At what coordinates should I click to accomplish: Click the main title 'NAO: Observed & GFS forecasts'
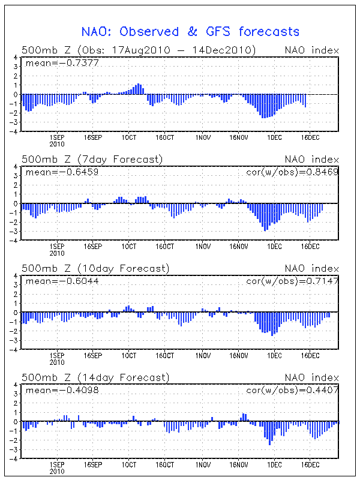point(190,31)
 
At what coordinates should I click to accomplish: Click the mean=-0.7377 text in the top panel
point(54,62)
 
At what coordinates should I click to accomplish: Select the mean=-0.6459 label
point(54,172)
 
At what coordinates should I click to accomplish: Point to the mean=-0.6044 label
point(54,281)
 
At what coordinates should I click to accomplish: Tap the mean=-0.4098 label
point(54,390)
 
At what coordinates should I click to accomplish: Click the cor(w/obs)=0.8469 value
point(292,172)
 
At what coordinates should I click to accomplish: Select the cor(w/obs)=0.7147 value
point(292,281)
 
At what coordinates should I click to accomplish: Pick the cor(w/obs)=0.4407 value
point(292,390)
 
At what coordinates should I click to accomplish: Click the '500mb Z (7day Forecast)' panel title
point(92,159)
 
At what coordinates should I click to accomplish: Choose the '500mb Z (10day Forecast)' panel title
point(95,268)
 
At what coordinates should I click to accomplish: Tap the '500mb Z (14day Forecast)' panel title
point(95,377)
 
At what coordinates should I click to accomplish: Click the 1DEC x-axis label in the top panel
point(274,137)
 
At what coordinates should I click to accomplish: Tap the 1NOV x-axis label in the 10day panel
point(202,355)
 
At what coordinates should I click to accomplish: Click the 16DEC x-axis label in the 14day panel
point(310,464)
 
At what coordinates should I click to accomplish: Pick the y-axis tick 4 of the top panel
point(16,57)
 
